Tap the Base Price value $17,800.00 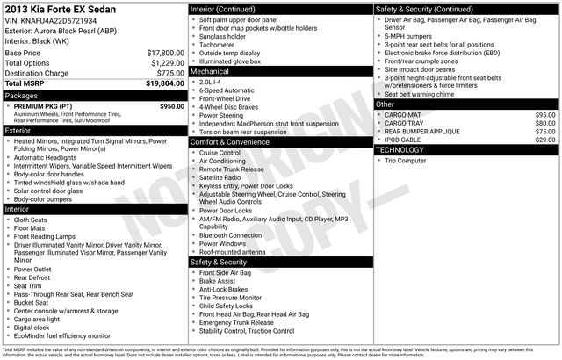pos(165,53)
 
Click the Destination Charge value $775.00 pos(169,73)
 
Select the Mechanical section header pos(209,71)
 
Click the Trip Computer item pos(405,161)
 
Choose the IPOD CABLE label pos(405,140)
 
